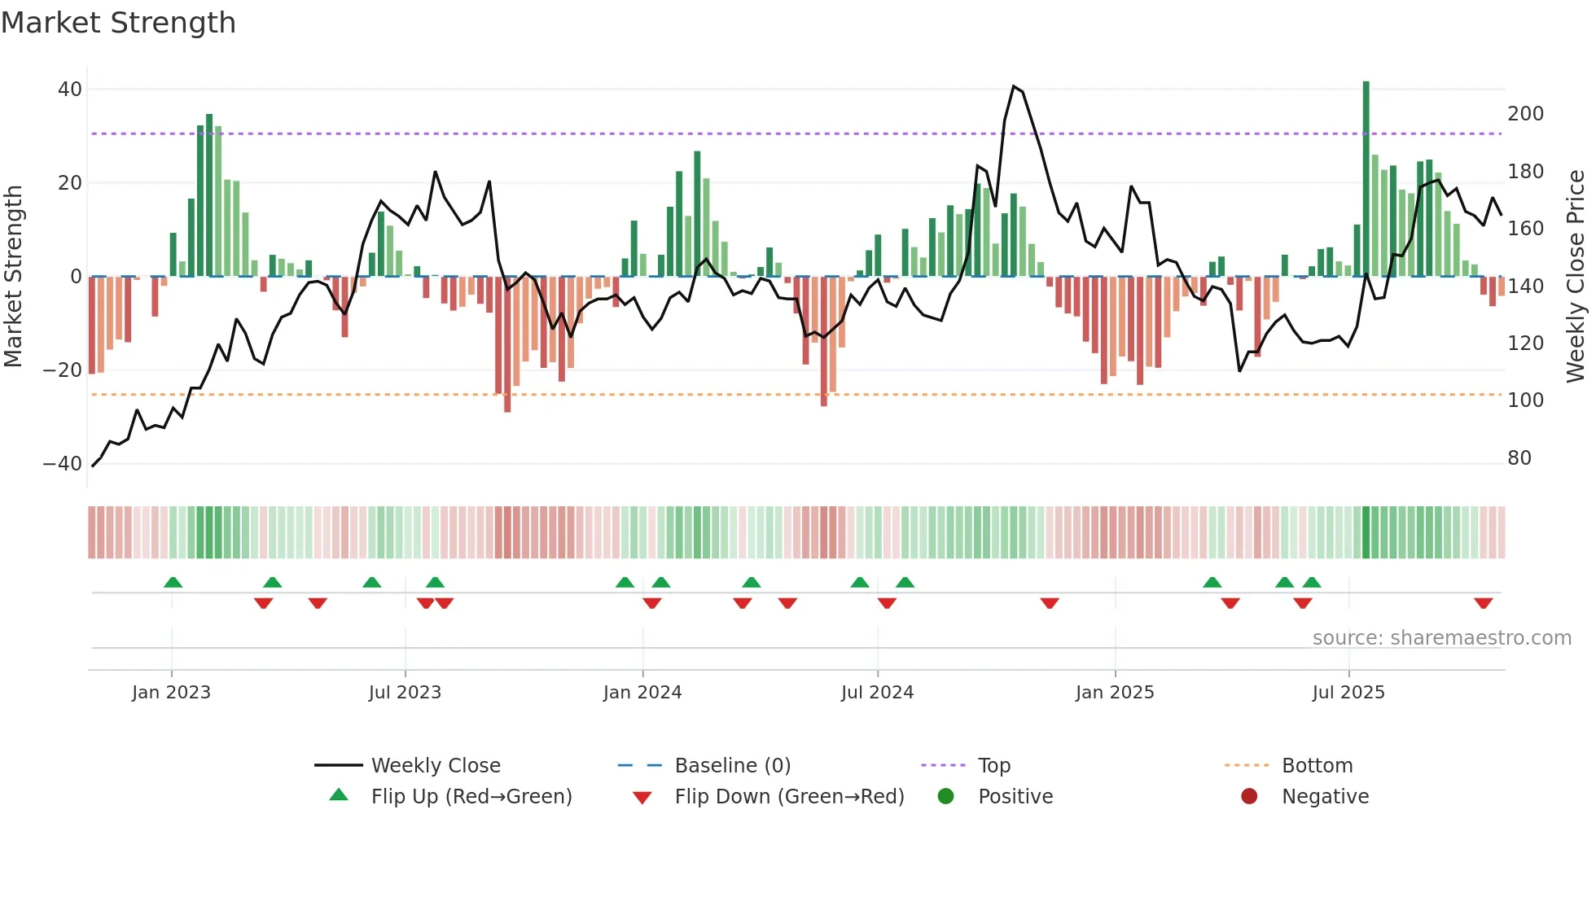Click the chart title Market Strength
click(118, 23)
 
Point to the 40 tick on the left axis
click(70, 90)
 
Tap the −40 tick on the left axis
click(63, 464)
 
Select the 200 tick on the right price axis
click(1525, 114)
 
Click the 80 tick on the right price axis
click(1519, 458)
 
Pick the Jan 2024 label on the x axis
click(642, 693)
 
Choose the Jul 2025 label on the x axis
click(1348, 693)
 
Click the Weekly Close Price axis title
click(1576, 277)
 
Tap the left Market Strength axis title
click(14, 277)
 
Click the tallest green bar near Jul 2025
click(1366, 179)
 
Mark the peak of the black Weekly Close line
click(1014, 86)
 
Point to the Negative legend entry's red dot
click(1249, 797)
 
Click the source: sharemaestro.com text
click(1441, 638)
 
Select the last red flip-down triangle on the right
click(1483, 603)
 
